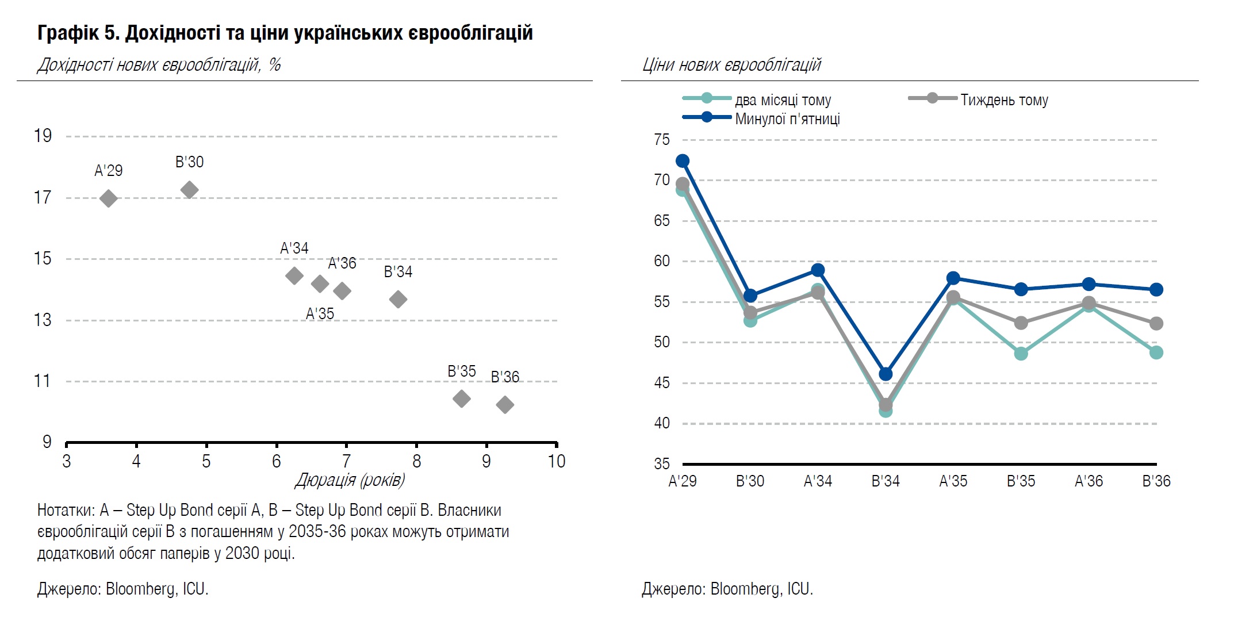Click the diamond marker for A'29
pyautogui.click(x=108, y=198)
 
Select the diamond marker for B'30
pyautogui.click(x=189, y=189)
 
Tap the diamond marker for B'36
pyautogui.click(x=505, y=405)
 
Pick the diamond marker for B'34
pyautogui.click(x=398, y=299)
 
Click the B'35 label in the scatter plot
pyautogui.click(x=462, y=371)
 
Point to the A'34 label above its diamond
pyautogui.click(x=294, y=248)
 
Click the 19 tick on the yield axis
pyautogui.click(x=43, y=136)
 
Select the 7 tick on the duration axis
pyautogui.click(x=346, y=461)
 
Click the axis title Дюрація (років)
pyautogui.click(x=350, y=480)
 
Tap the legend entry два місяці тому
pyautogui.click(x=783, y=100)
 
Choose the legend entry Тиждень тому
pyautogui.click(x=1004, y=100)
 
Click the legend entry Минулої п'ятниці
pyautogui.click(x=787, y=119)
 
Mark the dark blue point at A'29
pyautogui.click(x=683, y=161)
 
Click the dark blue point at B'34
pyautogui.click(x=886, y=374)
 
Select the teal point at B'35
pyautogui.click(x=1021, y=354)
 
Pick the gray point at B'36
pyautogui.click(x=1156, y=324)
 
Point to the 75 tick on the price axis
pyautogui.click(x=662, y=140)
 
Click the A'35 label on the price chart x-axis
pyautogui.click(x=953, y=481)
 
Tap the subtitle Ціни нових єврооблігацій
pyautogui.click(x=731, y=65)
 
